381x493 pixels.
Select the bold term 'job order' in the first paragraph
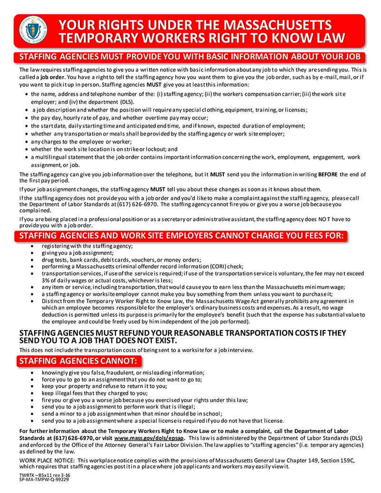(53, 77)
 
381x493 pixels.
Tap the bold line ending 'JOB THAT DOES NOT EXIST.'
(98, 341)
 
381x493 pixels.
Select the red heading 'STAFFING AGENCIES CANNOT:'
(78, 361)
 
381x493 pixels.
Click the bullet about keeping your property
(104, 386)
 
